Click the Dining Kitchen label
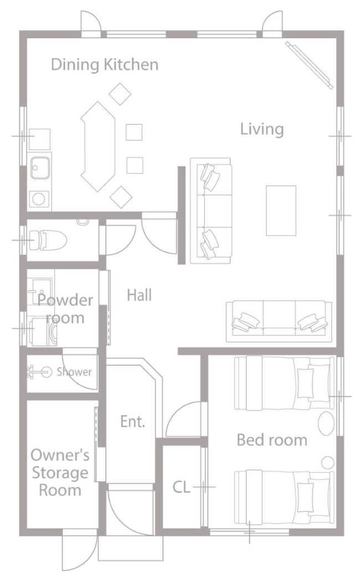105,65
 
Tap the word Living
262,129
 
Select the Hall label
139,295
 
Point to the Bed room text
272,440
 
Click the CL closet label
182,487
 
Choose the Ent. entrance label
132,421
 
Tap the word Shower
74,371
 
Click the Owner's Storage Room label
60,472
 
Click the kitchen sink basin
40,168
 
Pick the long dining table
98,147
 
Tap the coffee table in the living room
281,211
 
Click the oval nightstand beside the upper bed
326,423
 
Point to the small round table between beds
328,462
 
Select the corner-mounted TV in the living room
309,65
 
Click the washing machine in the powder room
44,331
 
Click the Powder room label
65,309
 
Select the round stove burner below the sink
39,199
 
